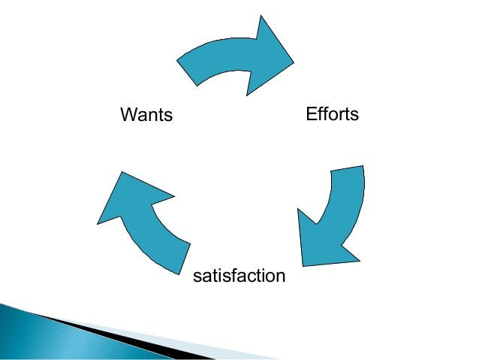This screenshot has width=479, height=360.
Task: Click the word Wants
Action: (x=146, y=116)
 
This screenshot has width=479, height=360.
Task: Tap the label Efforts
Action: (x=332, y=114)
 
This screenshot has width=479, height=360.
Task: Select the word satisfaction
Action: (x=239, y=276)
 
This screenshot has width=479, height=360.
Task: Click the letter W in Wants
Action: (x=128, y=116)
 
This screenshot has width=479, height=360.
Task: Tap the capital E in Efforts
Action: (x=311, y=114)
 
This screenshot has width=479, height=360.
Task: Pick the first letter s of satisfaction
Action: (x=197, y=277)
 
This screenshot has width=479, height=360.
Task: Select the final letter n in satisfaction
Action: (x=280, y=277)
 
